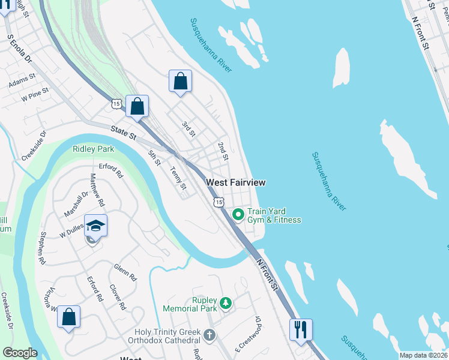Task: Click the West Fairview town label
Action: pyautogui.click(x=235, y=182)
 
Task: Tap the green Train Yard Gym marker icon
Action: pyautogui.click(x=238, y=214)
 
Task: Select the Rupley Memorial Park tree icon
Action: pyautogui.click(x=226, y=303)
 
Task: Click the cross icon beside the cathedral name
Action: pyautogui.click(x=209, y=335)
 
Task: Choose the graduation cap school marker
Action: pyautogui.click(x=95, y=226)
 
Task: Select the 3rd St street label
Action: pyautogui.click(x=188, y=128)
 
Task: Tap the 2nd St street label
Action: pyautogui.click(x=223, y=151)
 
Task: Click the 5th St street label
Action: pyautogui.click(x=154, y=158)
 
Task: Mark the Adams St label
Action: pyautogui.click(x=22, y=82)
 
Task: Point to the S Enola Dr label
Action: pyautogui.click(x=19, y=49)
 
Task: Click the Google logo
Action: pyautogui.click(x=20, y=353)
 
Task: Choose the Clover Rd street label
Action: pyautogui.click(x=118, y=297)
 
